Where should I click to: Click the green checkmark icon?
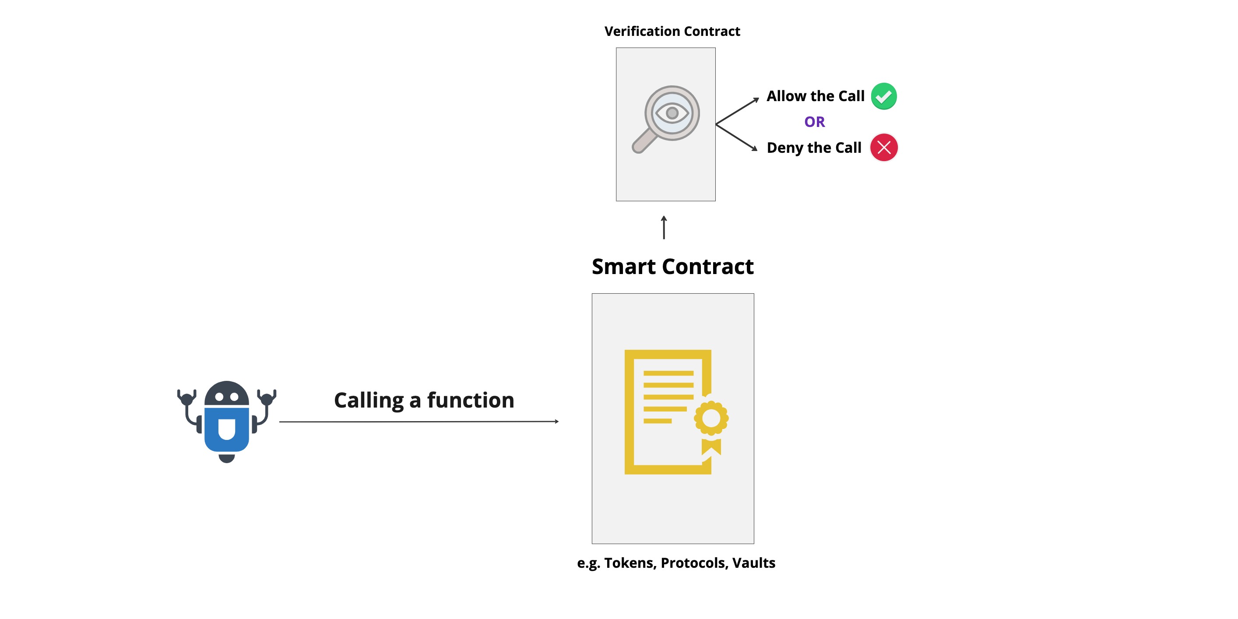(883, 96)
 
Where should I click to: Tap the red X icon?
(883, 148)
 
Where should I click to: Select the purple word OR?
(814, 122)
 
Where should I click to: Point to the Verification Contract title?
(672, 32)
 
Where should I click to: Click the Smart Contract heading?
(672, 267)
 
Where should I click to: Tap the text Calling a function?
(424, 400)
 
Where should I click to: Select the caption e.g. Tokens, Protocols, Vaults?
(676, 563)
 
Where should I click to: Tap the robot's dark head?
(226, 393)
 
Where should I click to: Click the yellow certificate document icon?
(668, 412)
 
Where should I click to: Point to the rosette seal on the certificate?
(711, 418)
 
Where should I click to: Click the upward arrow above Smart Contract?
(664, 227)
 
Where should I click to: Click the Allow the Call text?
(815, 96)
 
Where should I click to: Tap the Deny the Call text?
(814, 148)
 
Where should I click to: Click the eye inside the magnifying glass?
(672, 113)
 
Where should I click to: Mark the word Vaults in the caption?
(753, 563)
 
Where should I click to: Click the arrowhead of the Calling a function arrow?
(556, 422)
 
